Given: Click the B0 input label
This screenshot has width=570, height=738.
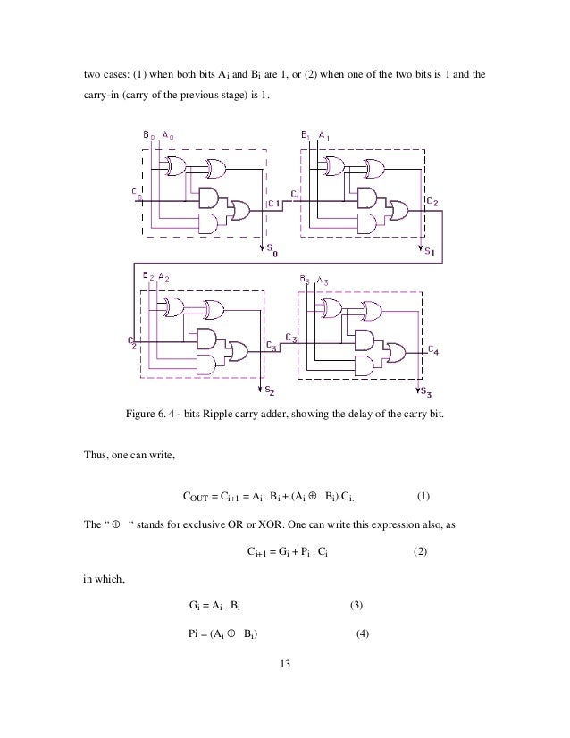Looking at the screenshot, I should [149, 135].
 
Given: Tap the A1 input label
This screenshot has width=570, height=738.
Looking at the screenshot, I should [323, 135].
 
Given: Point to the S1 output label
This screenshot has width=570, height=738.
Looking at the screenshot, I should [430, 252].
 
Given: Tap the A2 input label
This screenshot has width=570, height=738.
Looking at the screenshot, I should [163, 278].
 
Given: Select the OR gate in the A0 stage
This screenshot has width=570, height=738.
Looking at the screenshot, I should [239, 208].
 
